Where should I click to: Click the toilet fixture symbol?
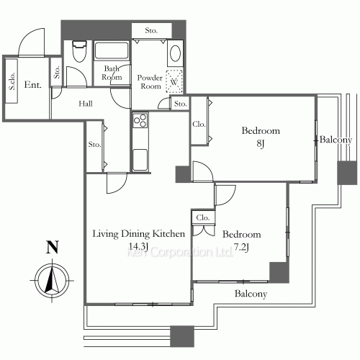(x=79, y=51)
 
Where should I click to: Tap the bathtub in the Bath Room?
(x=112, y=50)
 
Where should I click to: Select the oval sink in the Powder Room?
(x=175, y=53)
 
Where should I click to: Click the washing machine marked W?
(x=174, y=81)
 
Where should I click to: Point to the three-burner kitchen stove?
(x=140, y=120)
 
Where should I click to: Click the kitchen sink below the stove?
(x=140, y=160)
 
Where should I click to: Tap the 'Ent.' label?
(x=33, y=85)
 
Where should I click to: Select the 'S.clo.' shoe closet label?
(x=12, y=81)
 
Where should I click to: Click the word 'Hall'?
(x=86, y=104)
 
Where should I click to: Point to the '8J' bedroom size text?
(x=261, y=143)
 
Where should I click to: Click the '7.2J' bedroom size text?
(x=241, y=247)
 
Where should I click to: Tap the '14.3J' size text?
(x=138, y=246)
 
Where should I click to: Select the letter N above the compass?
(x=53, y=247)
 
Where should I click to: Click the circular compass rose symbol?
(x=52, y=280)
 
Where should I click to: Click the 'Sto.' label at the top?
(x=151, y=30)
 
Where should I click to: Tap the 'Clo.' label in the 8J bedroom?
(x=199, y=124)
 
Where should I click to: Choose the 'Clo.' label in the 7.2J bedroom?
(x=203, y=217)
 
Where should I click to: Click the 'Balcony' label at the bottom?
(x=251, y=294)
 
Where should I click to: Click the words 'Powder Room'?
(x=150, y=82)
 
